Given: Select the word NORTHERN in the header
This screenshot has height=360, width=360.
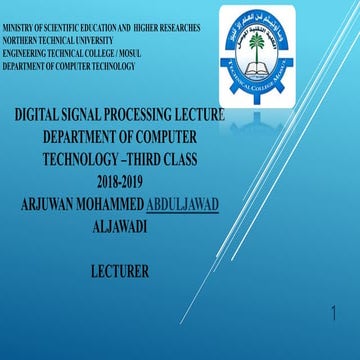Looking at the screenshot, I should click(19, 40).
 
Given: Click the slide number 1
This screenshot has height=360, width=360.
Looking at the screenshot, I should click(333, 316).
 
